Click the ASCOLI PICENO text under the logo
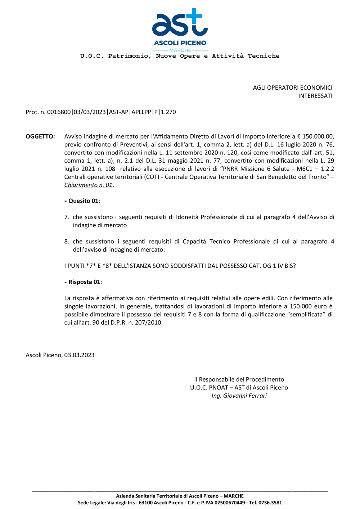[x=180, y=43]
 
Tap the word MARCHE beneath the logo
[x=180, y=50]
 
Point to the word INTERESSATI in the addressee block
[x=315, y=96]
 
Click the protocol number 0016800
[x=59, y=112]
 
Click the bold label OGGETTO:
[x=40, y=136]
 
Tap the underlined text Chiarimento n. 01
[x=88, y=185]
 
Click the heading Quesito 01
[x=83, y=201]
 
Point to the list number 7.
[x=66, y=217]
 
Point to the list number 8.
[x=66, y=242]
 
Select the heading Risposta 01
[x=84, y=282]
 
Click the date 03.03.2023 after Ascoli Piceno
[x=79, y=355]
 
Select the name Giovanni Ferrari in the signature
[x=245, y=396]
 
